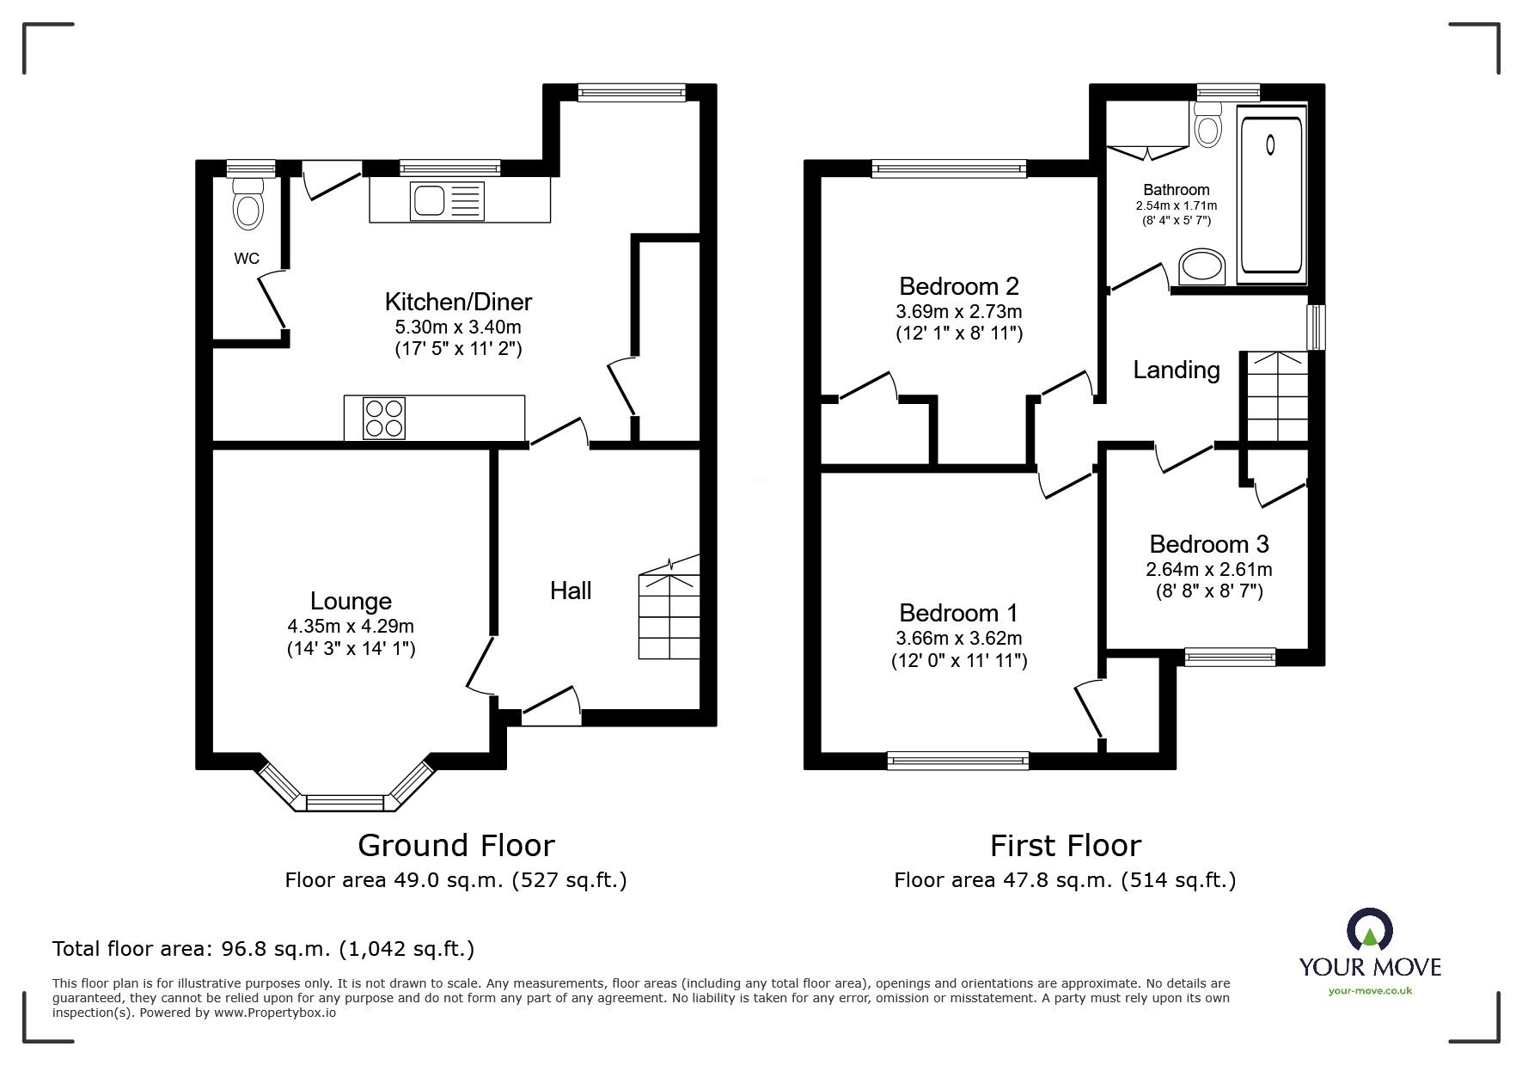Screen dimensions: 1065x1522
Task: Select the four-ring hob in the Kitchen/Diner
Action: tap(384, 418)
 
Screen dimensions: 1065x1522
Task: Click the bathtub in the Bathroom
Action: tap(1271, 194)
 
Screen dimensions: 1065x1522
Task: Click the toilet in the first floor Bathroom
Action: tap(1208, 125)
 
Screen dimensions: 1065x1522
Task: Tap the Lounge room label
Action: tap(351, 601)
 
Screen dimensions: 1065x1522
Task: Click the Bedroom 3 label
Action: tap(1208, 544)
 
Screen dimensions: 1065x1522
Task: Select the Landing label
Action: tap(1176, 370)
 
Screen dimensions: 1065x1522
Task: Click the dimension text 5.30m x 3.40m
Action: tap(458, 327)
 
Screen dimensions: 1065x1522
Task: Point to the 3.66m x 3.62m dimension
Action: tap(959, 638)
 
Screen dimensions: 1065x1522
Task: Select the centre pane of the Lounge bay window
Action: tap(344, 802)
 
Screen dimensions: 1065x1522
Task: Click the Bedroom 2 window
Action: tap(949, 168)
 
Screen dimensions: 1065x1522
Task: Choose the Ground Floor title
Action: tap(455, 846)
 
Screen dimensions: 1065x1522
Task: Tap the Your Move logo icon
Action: tap(1369, 932)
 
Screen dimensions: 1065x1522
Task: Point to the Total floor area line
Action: tap(263, 949)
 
